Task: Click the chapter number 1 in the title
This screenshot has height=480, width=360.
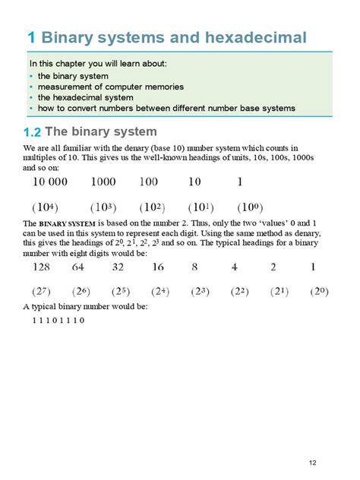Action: (x=31, y=37)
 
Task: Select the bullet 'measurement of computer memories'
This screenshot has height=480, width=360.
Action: (x=104, y=87)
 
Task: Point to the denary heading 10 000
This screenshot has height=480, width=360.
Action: (x=49, y=182)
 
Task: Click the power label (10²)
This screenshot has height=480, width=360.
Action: (x=153, y=207)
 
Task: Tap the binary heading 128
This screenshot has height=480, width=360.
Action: (x=43, y=267)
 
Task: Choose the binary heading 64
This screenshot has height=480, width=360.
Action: (x=78, y=267)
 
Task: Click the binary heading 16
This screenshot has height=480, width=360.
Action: (x=158, y=267)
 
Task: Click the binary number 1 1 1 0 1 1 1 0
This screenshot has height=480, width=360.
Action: (x=58, y=321)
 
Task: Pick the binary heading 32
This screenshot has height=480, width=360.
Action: (x=118, y=267)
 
